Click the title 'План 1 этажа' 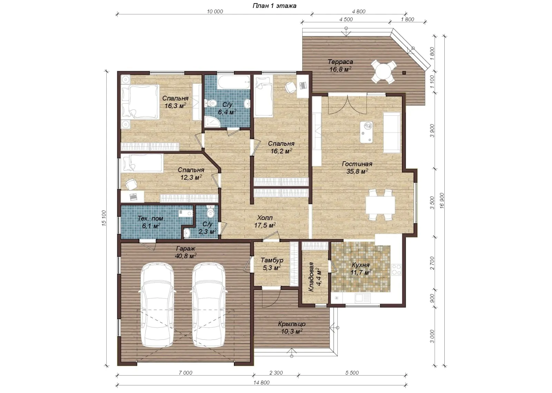tap(275, 6)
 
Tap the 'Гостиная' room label tap(357, 164)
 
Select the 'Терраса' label tap(340, 62)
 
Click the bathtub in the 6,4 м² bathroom tap(234, 82)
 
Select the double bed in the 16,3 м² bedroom tap(140, 102)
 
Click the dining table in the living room tap(380, 205)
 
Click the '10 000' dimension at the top tap(215, 12)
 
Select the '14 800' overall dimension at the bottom tap(262, 383)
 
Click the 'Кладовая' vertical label tap(311, 277)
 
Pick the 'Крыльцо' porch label tap(292, 324)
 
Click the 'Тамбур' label tap(272, 260)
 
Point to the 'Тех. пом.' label tap(151, 218)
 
